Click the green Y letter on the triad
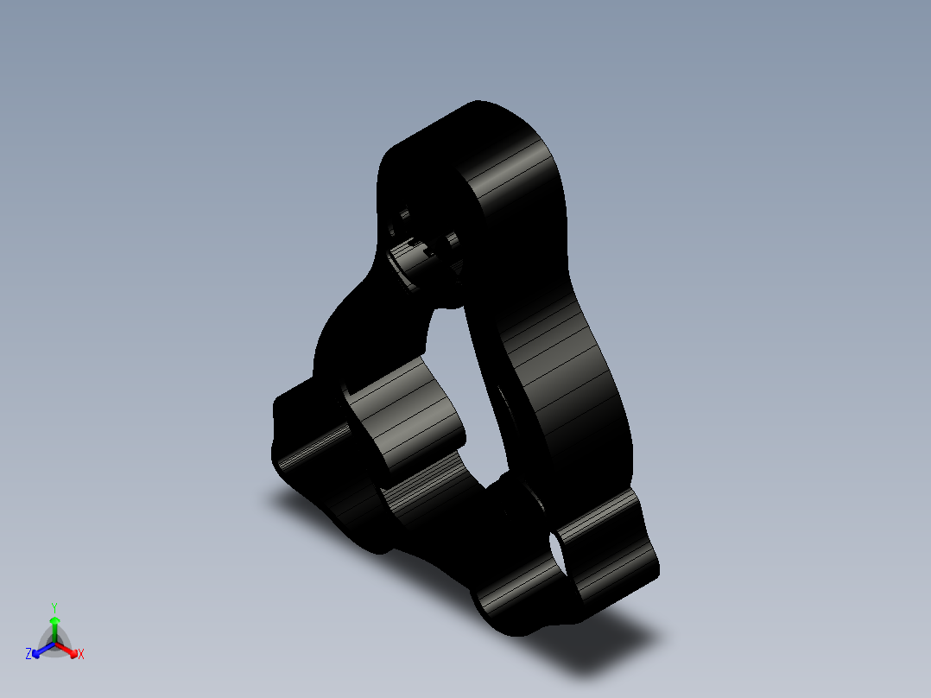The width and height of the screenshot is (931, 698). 54,606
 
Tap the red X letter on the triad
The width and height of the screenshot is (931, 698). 81,655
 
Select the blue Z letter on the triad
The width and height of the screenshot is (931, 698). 28,655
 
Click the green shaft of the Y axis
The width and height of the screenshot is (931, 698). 54,633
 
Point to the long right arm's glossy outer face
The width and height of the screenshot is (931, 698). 561,371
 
